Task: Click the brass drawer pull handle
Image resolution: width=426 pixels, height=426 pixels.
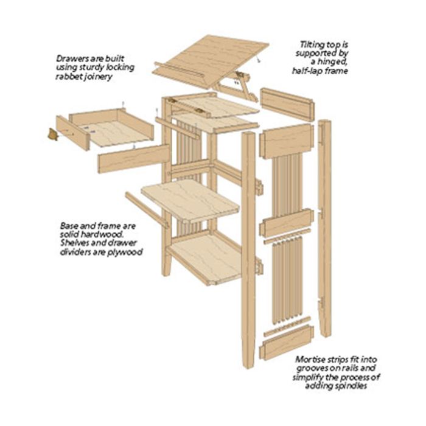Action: [52, 134]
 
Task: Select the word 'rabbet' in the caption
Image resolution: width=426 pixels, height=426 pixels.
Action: [69, 77]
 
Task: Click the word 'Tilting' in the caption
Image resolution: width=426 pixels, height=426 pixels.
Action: [310, 45]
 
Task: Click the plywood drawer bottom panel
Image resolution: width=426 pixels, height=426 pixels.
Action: [119, 133]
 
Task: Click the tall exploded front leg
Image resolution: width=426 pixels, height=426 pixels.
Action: [248, 250]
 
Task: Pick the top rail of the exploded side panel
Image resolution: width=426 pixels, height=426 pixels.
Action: [286, 140]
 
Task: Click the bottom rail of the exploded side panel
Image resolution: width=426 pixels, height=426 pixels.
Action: [287, 343]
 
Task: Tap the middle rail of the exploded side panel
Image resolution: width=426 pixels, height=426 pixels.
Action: [286, 222]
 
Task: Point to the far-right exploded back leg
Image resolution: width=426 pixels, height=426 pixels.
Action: [325, 228]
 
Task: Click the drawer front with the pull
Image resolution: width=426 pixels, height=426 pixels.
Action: [73, 133]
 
